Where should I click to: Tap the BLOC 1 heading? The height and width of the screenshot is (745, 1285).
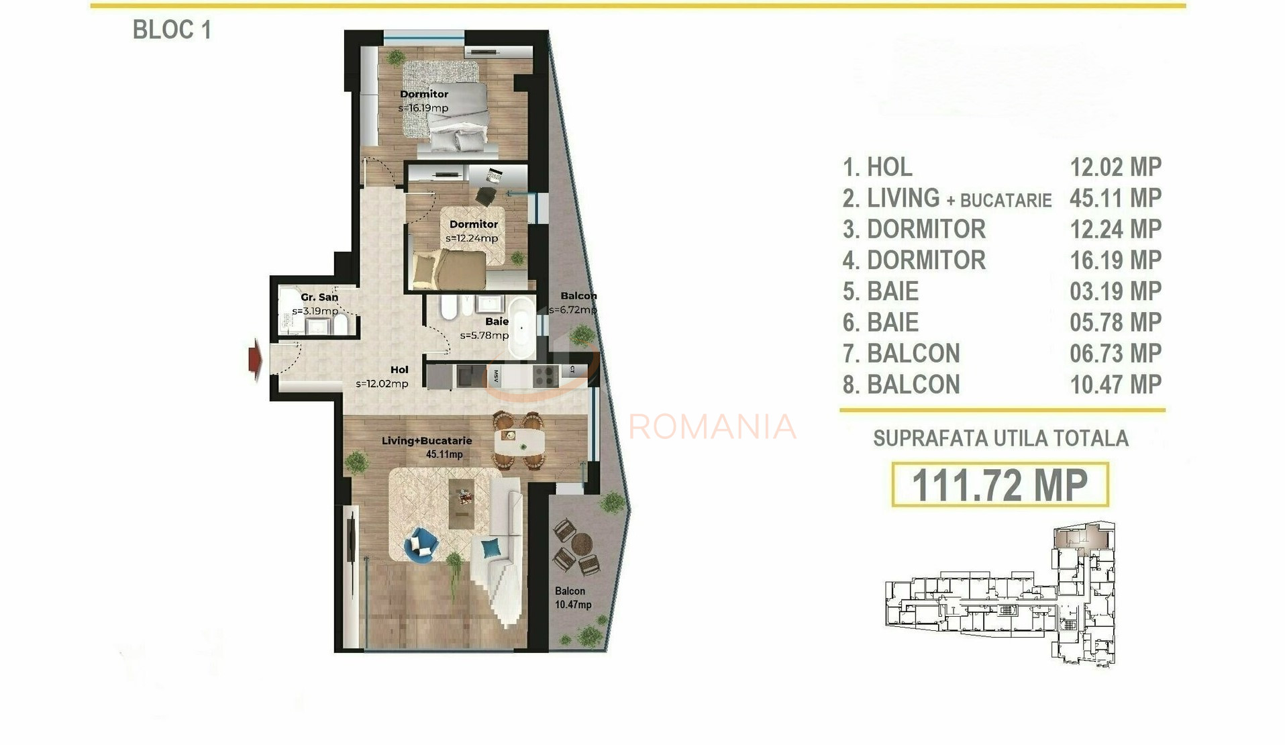[172, 30]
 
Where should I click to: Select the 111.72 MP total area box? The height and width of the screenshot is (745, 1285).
[999, 484]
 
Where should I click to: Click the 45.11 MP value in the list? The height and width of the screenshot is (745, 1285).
[1115, 198]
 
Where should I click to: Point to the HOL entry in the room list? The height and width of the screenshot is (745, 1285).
[889, 167]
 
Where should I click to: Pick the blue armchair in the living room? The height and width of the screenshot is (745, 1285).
[421, 544]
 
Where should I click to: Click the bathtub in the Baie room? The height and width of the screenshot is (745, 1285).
[521, 327]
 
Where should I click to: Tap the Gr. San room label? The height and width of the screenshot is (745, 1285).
[319, 297]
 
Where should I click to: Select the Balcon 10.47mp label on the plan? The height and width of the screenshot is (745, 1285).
[572, 597]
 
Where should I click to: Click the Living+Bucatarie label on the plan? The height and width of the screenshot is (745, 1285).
[427, 447]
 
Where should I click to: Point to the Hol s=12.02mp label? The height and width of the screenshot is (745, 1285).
[382, 377]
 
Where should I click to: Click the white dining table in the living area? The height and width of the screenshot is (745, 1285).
[517, 442]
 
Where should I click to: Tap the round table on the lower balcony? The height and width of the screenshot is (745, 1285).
[581, 542]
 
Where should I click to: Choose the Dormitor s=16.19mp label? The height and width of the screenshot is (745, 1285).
[423, 101]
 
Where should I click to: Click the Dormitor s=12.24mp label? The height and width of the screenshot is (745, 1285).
[473, 231]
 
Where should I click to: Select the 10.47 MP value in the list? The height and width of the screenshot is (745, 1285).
[1115, 385]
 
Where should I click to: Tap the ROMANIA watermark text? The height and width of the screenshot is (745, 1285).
[712, 427]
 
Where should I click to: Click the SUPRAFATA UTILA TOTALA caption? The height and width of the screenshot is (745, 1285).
[1000, 439]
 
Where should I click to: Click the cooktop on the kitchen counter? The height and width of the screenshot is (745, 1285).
[546, 375]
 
